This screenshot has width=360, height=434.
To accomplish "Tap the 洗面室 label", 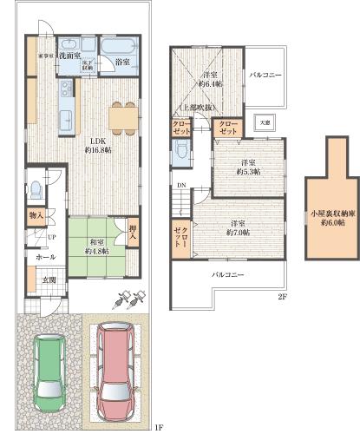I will click(71, 43).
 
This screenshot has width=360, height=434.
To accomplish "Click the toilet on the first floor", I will click(36, 191).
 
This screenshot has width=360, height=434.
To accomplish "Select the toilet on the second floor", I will click(180, 152).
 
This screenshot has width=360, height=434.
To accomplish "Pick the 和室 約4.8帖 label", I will click(95, 247).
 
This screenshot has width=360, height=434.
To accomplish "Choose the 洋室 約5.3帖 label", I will click(248, 167).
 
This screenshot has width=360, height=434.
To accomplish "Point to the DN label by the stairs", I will click(181, 184).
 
